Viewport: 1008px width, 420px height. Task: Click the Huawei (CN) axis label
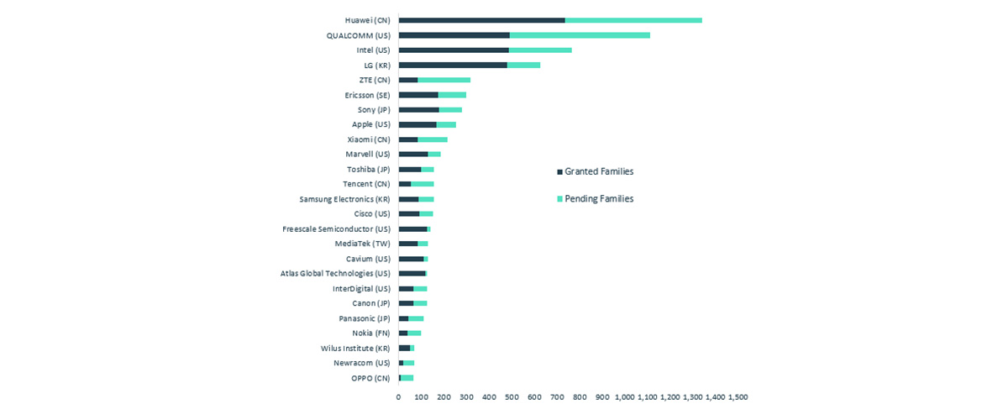click(x=367, y=20)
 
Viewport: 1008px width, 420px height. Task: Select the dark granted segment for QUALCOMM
click(x=454, y=35)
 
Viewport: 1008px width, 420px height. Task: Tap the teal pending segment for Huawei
click(x=633, y=20)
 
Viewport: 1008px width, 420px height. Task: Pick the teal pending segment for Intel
click(x=540, y=50)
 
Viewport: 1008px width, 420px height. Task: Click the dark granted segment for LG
click(x=453, y=65)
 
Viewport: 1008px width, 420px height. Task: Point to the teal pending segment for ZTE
click(x=444, y=80)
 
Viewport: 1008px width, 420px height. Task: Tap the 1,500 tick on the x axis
click(x=738, y=397)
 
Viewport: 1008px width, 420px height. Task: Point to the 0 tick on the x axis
click(x=399, y=397)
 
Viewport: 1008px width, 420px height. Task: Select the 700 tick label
click(x=557, y=397)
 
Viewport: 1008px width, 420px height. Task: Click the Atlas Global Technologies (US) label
click(x=335, y=274)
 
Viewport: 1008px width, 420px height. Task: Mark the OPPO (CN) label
click(x=370, y=378)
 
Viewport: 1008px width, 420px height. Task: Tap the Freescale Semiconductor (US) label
click(x=336, y=228)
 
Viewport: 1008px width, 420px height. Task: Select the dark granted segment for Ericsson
click(x=418, y=95)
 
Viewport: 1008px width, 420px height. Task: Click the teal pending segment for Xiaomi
click(x=433, y=139)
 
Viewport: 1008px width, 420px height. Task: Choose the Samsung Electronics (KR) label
click(x=344, y=199)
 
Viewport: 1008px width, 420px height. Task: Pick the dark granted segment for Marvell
click(x=413, y=155)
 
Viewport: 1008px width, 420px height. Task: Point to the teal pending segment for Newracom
click(x=408, y=363)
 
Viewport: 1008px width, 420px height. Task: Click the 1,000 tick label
click(x=625, y=397)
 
